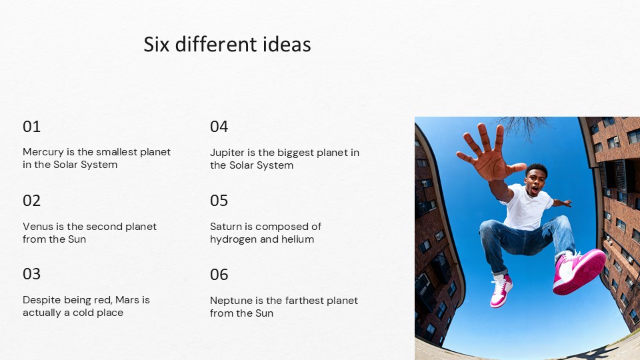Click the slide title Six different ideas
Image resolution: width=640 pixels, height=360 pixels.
[x=227, y=45]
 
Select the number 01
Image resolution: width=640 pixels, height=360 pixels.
[x=31, y=127]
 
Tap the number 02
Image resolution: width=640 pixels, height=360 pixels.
[x=31, y=201]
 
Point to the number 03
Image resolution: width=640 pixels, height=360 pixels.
[x=31, y=274]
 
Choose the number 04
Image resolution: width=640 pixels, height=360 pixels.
[x=219, y=127]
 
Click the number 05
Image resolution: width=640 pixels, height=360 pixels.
[x=219, y=201]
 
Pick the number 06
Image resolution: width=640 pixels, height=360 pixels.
[x=219, y=274]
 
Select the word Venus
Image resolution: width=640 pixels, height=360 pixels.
[x=37, y=227]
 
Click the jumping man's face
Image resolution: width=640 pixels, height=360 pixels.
[x=535, y=180]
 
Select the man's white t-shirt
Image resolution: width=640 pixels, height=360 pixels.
[x=527, y=208]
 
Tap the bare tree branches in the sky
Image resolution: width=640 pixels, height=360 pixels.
[x=523, y=127]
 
